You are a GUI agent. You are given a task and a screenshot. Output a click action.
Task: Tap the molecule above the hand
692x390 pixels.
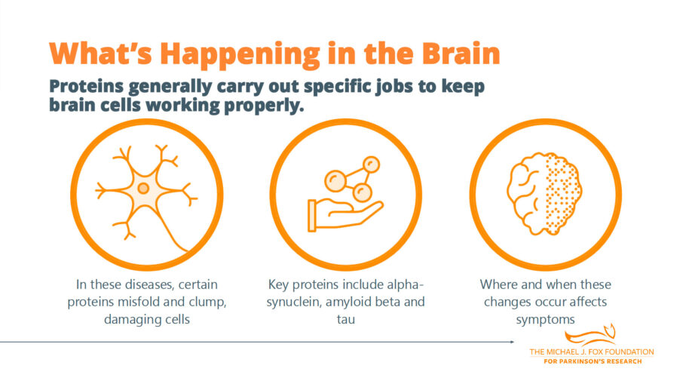coord(351,175)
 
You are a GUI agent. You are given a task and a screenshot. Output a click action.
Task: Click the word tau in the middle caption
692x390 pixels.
coord(346,319)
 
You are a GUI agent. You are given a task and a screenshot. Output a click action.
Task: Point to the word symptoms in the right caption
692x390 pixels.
coord(545,319)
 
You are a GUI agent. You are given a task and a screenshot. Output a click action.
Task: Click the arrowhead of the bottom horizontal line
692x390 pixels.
coord(514,342)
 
